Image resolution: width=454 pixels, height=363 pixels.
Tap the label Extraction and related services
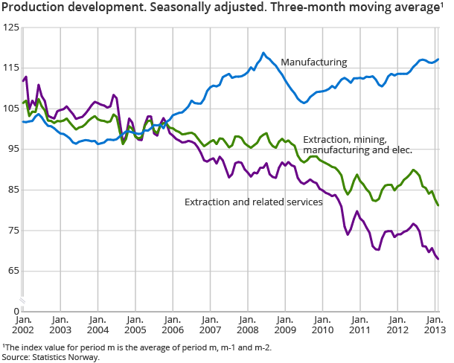(253, 202)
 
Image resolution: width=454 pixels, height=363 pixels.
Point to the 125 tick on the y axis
(10, 28)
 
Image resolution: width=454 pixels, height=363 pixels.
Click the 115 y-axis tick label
(10, 68)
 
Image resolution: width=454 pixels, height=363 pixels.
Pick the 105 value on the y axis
(10, 109)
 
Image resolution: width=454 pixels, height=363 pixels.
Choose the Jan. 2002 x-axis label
(22, 324)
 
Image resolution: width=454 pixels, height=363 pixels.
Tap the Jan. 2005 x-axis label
(135, 324)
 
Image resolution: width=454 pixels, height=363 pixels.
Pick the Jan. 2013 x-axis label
(434, 324)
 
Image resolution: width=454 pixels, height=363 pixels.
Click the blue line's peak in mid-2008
(263, 53)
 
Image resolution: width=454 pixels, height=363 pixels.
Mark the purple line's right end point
(438, 259)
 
